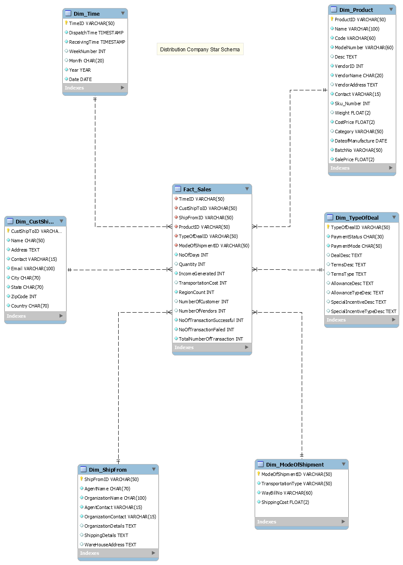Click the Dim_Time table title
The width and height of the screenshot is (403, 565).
[x=87, y=14]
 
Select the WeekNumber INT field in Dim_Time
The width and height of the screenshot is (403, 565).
[x=87, y=51]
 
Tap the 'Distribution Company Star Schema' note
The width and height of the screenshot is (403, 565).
[x=200, y=49]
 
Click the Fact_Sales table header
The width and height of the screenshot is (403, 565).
[x=197, y=189]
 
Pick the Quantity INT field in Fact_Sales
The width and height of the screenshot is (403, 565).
[x=192, y=264]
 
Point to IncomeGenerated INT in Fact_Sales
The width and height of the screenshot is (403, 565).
[x=202, y=274]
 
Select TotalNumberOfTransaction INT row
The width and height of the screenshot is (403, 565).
[x=211, y=339]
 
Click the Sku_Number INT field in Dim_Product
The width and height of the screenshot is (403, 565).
[x=352, y=103]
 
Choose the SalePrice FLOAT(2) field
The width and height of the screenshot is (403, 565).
[x=354, y=159]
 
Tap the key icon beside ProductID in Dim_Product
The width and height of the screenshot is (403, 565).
[x=332, y=19]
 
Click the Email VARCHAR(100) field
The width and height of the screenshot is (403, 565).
[x=33, y=269]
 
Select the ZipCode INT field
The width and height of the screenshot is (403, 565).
[x=24, y=296]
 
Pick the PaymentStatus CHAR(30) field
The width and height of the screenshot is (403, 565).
[x=357, y=237]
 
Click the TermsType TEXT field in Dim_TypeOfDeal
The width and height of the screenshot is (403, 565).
[x=348, y=274]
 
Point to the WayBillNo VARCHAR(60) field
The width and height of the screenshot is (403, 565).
[x=286, y=493]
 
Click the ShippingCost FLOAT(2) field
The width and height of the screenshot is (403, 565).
[x=285, y=502]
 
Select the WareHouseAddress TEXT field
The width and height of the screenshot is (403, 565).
[x=110, y=545]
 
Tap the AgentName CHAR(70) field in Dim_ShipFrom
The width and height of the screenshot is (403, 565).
[x=107, y=489]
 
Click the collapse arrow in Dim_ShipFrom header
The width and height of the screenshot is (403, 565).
[x=154, y=469]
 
